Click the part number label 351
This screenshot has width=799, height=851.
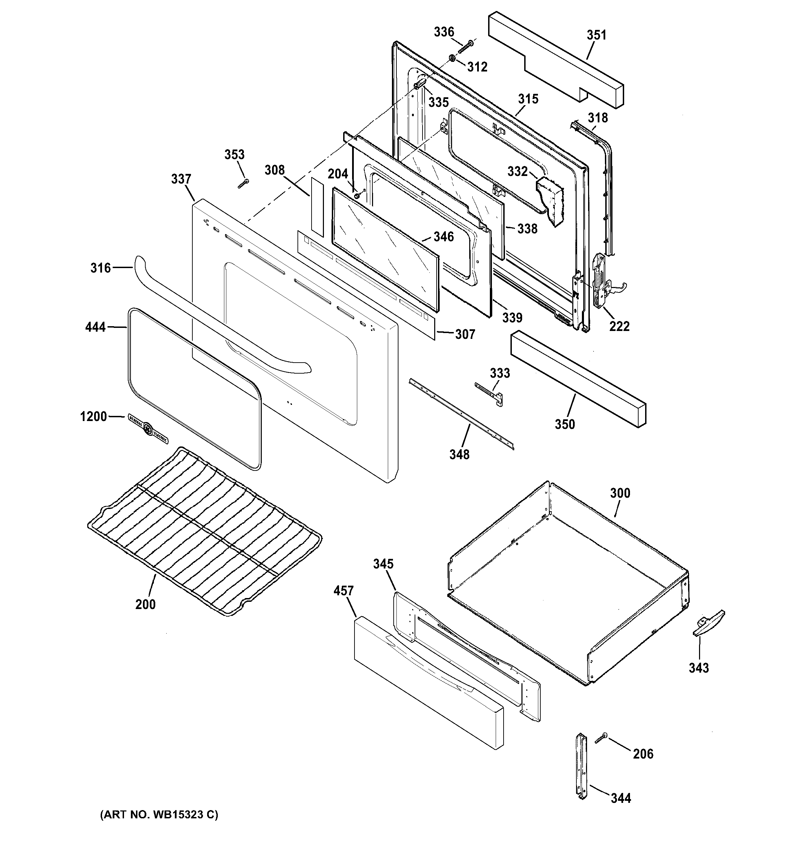coord(596,35)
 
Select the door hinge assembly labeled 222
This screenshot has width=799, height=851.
coord(600,280)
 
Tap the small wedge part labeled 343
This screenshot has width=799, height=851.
coord(708,623)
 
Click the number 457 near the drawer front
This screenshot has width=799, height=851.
coord(344,591)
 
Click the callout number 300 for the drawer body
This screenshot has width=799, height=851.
coord(620,493)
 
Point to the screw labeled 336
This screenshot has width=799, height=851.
coord(465,47)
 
